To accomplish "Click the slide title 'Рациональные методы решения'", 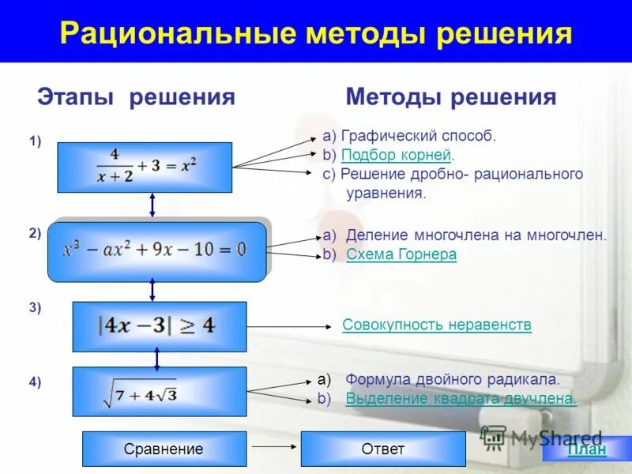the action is point(316,34).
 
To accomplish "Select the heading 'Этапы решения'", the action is point(136,97).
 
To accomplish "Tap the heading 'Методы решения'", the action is point(451,97).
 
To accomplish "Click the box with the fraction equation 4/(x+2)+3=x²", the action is point(145,167).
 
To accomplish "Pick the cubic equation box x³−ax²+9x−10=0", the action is point(156,251).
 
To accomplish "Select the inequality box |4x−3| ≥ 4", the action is point(159,326).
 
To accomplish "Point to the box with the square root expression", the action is point(159,391).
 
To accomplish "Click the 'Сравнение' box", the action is point(164,450).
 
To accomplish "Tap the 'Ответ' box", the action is point(382,450).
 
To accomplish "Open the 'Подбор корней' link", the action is point(396,155).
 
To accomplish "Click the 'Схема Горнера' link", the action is point(401,254).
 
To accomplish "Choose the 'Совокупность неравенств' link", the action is point(437,325).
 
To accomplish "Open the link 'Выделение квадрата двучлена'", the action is point(461,398).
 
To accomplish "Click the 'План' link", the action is point(587,450).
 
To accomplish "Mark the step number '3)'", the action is point(35,308).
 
